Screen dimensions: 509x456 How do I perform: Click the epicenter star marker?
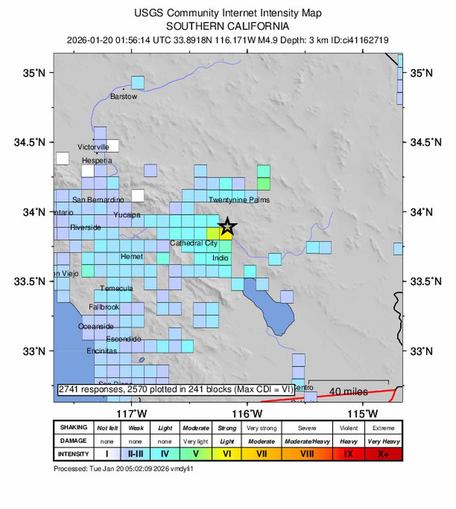click(x=227, y=226)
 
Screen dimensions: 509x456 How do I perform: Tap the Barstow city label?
click(x=124, y=97)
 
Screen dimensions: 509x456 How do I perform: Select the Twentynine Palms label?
click(x=239, y=200)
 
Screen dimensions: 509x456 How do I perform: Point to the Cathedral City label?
click(x=194, y=243)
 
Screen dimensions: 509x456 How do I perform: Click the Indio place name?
click(x=220, y=258)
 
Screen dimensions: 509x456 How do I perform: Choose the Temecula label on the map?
click(x=116, y=288)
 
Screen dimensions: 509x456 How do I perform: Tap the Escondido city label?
click(x=124, y=339)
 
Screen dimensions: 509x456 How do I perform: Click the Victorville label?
click(x=93, y=147)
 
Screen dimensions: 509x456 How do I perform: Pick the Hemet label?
click(x=132, y=256)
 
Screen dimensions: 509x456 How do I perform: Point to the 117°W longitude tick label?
click(x=132, y=414)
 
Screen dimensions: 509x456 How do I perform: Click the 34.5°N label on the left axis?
click(x=30, y=142)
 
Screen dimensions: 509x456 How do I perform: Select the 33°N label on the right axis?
click(x=421, y=351)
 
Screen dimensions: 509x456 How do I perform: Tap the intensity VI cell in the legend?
click(x=227, y=454)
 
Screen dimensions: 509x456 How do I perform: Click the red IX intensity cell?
click(x=348, y=454)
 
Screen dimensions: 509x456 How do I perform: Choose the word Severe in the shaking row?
click(x=307, y=428)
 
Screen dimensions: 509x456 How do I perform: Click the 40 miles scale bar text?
click(x=348, y=392)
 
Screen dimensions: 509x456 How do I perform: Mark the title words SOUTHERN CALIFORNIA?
click(x=227, y=26)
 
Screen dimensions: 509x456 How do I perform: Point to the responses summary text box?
click(x=176, y=389)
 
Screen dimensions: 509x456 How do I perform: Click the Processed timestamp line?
click(x=123, y=469)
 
